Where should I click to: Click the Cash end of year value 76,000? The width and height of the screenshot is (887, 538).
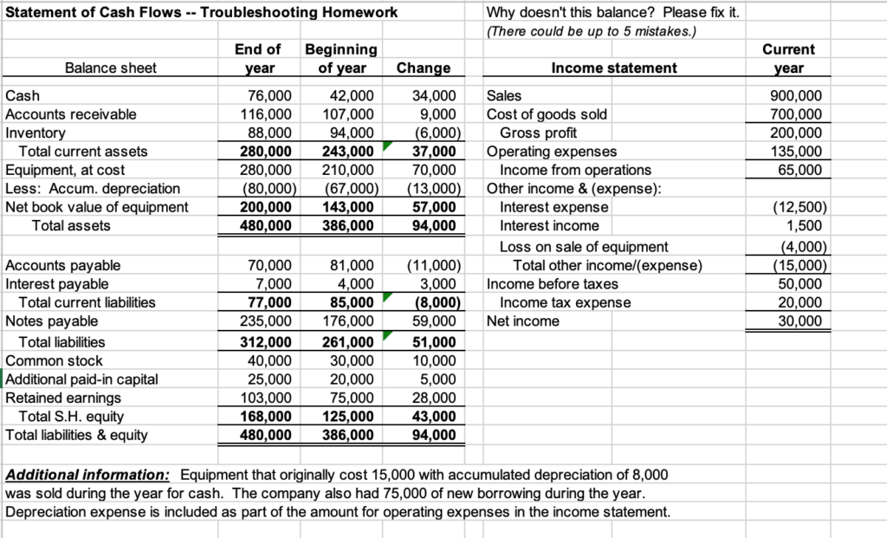[269, 96]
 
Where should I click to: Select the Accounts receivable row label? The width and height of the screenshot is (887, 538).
[71, 114]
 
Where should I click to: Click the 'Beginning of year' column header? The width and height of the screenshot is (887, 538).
[340, 58]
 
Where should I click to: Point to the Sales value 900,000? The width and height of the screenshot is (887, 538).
[801, 96]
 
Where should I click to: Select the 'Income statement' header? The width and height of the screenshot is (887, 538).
[614, 68]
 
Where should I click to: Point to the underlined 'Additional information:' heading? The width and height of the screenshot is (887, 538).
[87, 475]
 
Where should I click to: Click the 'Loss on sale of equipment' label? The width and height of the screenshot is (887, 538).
[584, 247]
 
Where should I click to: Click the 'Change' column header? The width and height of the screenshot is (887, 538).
[423, 68]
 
